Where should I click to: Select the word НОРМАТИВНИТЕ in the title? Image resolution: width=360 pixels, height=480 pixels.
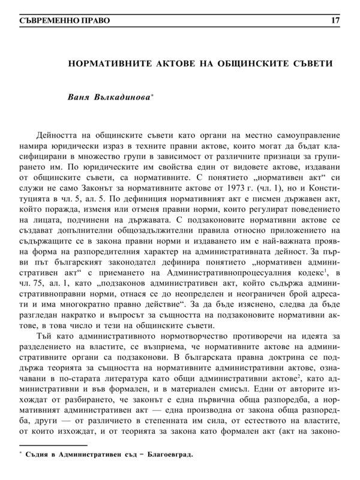point(107,62)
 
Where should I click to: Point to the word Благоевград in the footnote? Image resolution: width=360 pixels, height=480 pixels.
point(170,472)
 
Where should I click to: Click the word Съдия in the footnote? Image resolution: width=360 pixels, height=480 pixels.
point(38,472)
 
